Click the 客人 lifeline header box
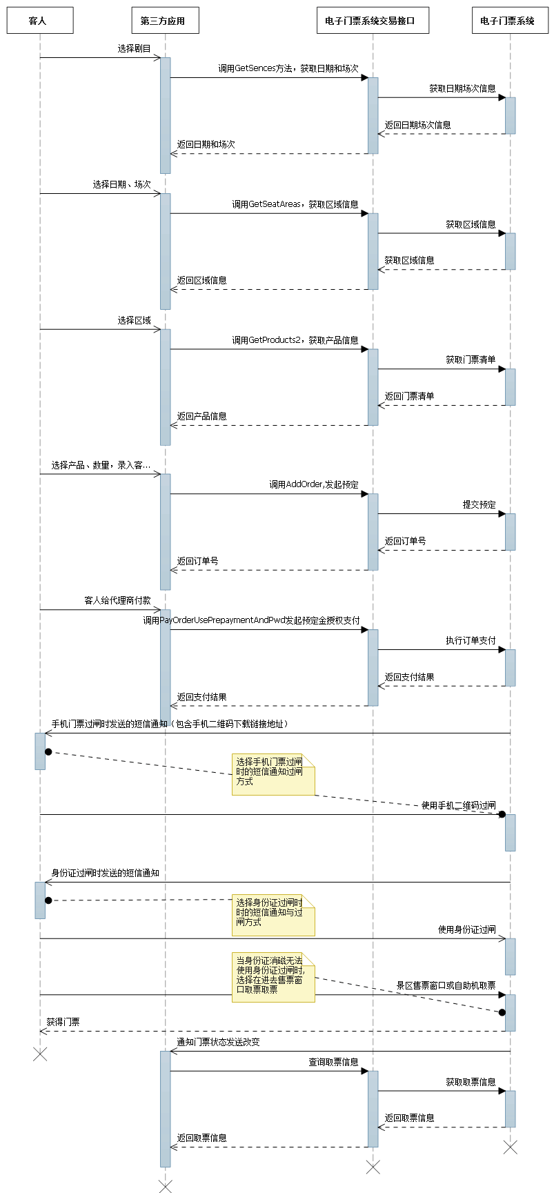[40, 21]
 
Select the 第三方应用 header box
[165, 21]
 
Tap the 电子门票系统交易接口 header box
[373, 21]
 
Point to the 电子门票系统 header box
[510, 21]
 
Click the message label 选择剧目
[134, 49]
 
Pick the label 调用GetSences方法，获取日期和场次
[288, 69]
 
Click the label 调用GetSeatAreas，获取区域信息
[295, 205]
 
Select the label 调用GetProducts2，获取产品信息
[295, 341]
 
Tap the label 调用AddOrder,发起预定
[313, 485]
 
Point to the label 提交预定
[479, 505]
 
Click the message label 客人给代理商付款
[117, 601]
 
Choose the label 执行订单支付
[470, 641]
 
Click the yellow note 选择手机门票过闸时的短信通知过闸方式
[273, 774]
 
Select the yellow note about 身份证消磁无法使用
[273, 977]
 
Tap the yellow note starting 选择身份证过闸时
[273, 915]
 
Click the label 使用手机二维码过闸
[458, 806]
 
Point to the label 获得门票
[63, 1023]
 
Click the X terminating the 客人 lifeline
[40, 1054]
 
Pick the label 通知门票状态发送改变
[218, 1043]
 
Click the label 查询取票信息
[333, 1063]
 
